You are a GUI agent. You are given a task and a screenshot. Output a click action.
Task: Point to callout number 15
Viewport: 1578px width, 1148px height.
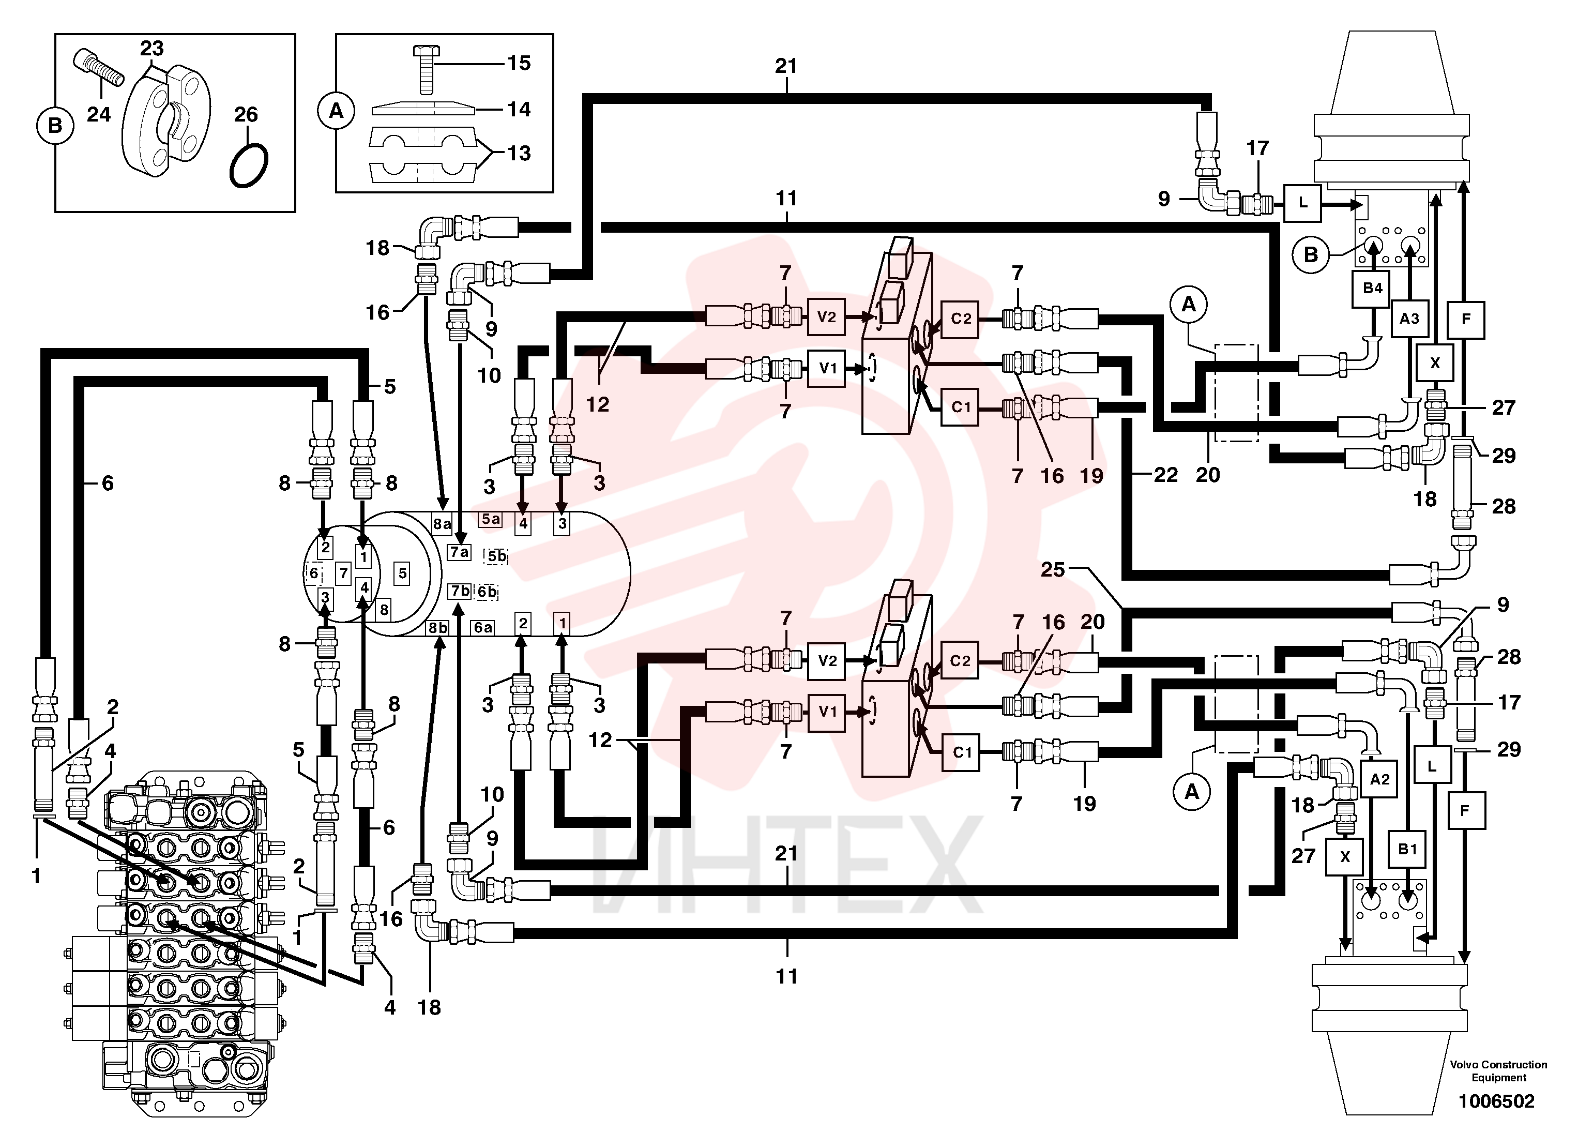(x=519, y=63)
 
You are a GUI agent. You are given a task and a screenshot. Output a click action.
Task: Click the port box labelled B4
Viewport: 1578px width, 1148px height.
(x=1372, y=288)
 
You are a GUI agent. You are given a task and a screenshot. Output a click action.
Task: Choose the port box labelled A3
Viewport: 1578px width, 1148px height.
(x=1409, y=319)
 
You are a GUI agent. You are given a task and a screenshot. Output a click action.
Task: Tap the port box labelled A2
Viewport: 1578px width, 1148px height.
(x=1379, y=779)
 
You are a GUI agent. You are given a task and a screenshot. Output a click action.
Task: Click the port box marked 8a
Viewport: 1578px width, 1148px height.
(x=442, y=523)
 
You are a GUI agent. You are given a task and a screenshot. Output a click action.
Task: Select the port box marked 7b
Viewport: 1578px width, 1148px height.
(x=459, y=591)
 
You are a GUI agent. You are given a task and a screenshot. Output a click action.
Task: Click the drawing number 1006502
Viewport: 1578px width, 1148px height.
(x=1497, y=1101)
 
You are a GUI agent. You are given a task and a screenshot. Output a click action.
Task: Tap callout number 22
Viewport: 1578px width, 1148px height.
(x=1166, y=475)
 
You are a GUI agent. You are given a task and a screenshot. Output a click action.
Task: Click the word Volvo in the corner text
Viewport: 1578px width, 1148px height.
(x=1465, y=1065)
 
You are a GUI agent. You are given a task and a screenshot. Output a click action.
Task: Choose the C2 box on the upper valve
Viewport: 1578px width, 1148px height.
(x=960, y=319)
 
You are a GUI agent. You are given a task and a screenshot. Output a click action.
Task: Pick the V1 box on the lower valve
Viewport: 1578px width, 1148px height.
(x=827, y=712)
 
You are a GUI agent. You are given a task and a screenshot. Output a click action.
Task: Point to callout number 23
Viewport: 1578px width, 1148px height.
(x=151, y=48)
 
